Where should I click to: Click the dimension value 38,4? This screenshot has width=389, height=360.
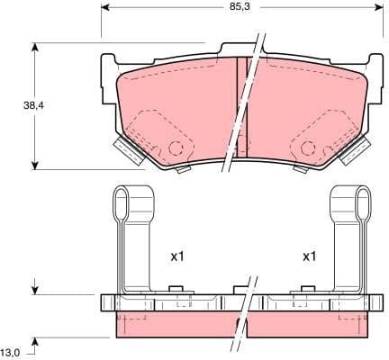(17, 105)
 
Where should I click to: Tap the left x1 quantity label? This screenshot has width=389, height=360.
(177, 257)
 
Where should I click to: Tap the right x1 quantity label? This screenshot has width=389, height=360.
(309, 257)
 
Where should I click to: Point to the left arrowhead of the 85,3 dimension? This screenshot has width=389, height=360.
(104, 7)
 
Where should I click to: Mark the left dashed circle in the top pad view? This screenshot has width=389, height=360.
(178, 150)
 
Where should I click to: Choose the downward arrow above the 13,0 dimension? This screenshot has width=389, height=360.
(34, 289)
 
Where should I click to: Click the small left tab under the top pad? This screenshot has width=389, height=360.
(183, 169)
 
